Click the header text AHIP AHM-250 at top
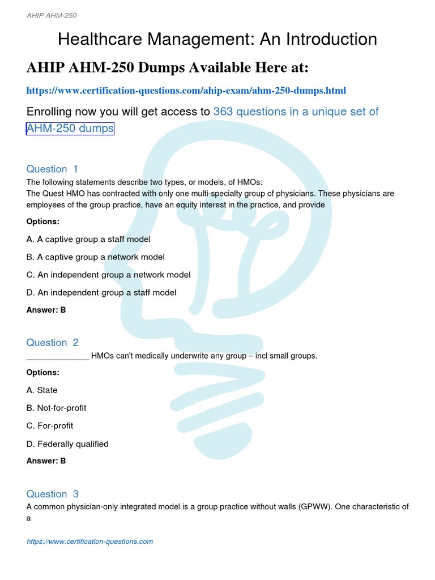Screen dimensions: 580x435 click(52, 15)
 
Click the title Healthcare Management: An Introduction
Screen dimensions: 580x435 click(217, 39)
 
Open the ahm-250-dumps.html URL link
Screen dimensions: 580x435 click(186, 91)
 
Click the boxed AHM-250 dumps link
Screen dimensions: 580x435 click(70, 129)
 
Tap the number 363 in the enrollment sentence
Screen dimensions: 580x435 click(223, 112)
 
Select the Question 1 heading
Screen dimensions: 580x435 click(53, 169)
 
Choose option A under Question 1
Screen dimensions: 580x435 click(88, 239)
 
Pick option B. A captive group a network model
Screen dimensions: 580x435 click(96, 257)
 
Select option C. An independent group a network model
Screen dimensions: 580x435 click(108, 275)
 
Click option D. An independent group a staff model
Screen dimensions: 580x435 click(101, 292)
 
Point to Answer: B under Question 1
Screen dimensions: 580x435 click(46, 310)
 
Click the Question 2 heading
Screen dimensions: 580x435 click(53, 343)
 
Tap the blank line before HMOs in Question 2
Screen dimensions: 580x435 click(57, 356)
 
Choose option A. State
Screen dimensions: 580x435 click(42, 390)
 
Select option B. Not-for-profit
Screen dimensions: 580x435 click(57, 408)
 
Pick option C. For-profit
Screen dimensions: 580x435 click(50, 425)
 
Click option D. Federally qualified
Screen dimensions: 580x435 click(67, 443)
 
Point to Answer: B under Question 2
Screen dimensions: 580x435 click(46, 460)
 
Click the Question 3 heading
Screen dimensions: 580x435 click(53, 494)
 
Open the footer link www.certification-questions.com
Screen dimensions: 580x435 click(89, 541)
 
